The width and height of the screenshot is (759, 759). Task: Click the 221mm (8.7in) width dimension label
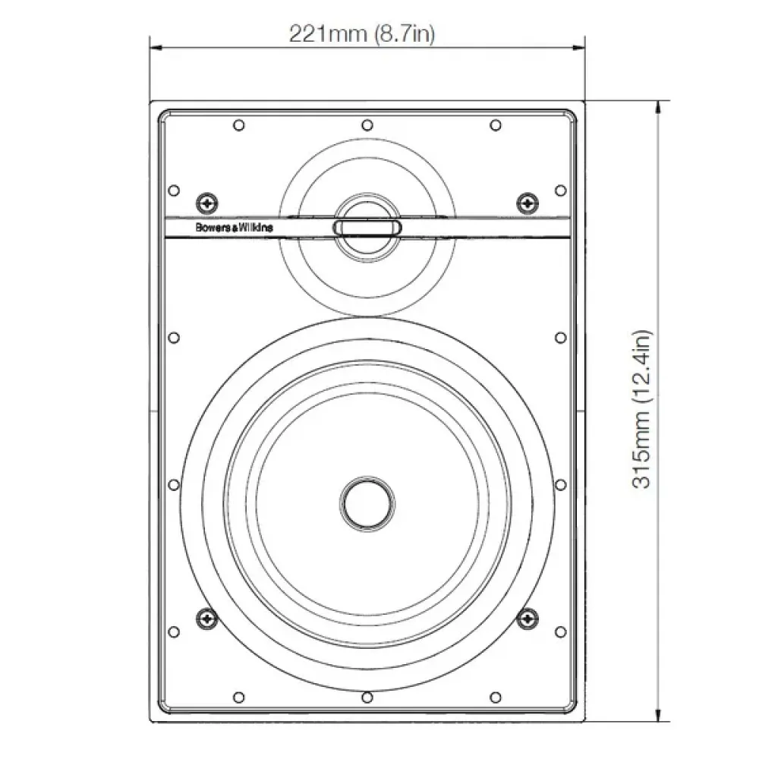tap(362, 33)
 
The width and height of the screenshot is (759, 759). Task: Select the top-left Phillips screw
tap(206, 203)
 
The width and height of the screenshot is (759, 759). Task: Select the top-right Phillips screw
tap(526, 203)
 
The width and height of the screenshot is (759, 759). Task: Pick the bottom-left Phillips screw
tap(206, 619)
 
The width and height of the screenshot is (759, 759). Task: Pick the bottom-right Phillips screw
tap(526, 619)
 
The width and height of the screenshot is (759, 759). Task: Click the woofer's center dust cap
tap(367, 502)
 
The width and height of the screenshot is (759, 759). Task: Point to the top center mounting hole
tap(367, 124)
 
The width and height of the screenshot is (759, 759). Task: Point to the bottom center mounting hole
tap(367, 696)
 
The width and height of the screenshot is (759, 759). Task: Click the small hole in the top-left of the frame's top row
tap(238, 124)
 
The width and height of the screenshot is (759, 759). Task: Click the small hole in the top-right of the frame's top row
tap(495, 124)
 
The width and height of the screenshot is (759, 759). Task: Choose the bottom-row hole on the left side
tap(238, 696)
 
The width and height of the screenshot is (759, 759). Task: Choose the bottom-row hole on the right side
tap(495, 696)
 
